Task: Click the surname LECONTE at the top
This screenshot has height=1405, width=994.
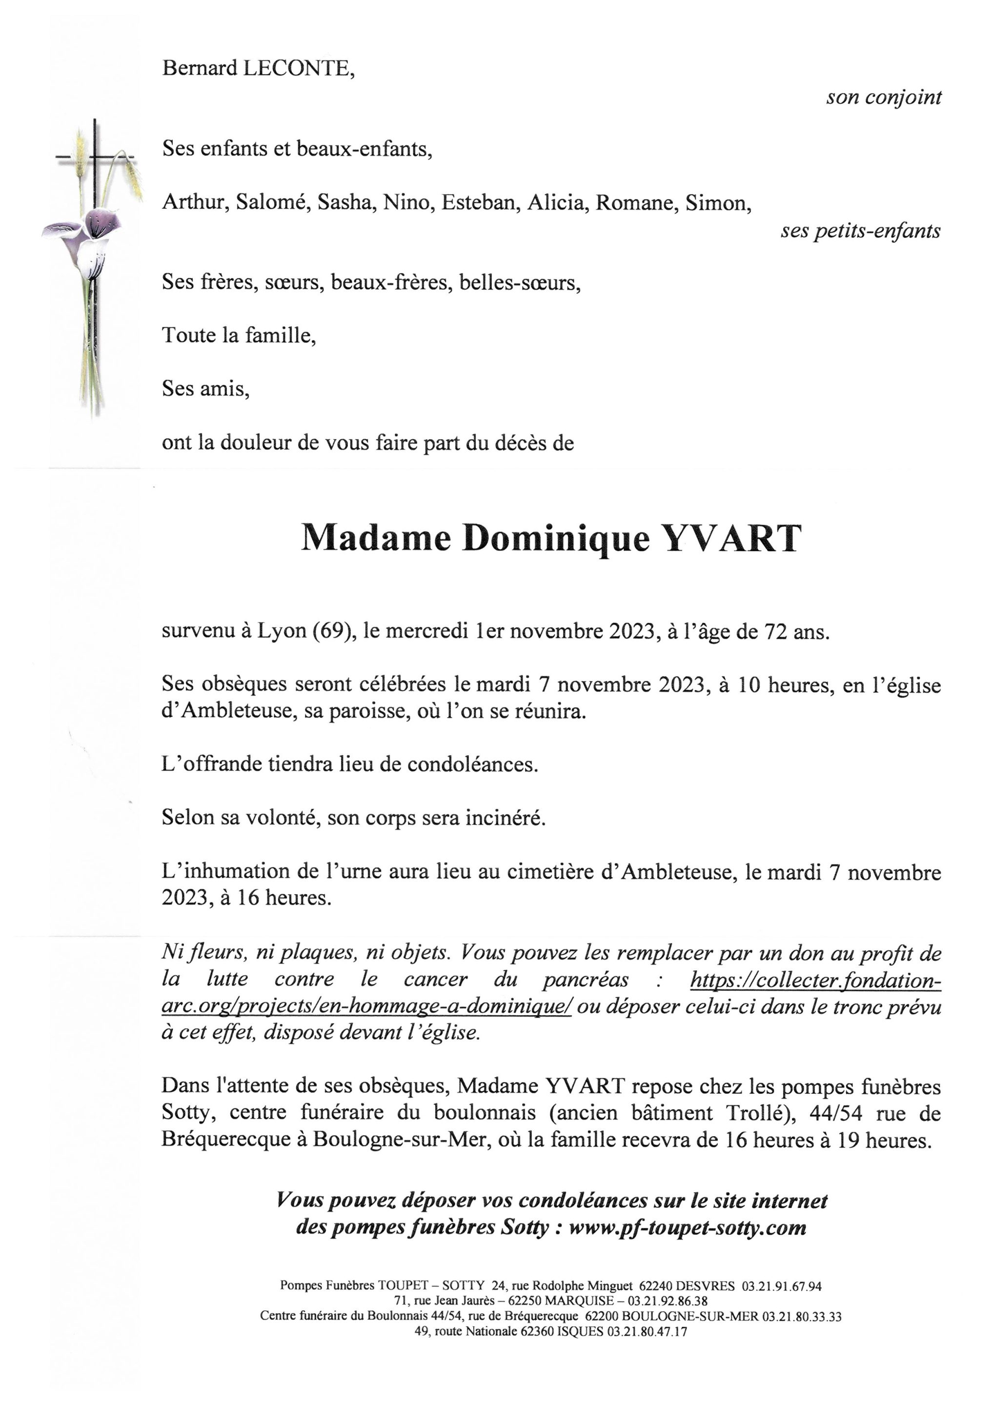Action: coord(299,68)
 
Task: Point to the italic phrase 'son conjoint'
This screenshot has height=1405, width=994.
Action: coord(883,97)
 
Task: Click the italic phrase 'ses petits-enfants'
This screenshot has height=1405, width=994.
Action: coord(860,231)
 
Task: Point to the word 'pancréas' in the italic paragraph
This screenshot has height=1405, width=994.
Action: coord(585,979)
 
